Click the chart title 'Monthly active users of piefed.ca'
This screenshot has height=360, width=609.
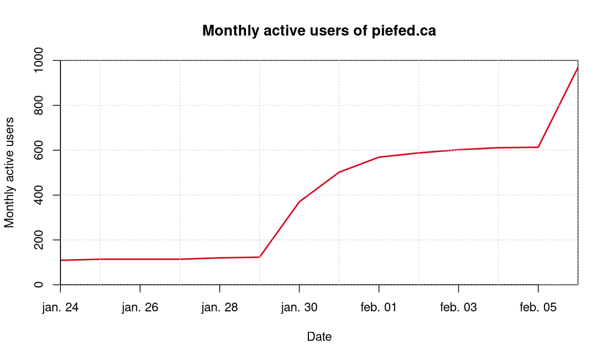coord(319,31)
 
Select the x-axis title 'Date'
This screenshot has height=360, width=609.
coord(319,336)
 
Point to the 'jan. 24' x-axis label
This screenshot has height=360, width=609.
coord(60,307)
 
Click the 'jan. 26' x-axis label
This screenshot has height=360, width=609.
coord(140,307)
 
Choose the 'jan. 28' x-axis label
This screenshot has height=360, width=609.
coord(219,307)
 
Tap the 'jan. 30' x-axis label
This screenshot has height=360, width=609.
coord(299,307)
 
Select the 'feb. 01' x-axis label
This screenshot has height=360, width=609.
coord(379,307)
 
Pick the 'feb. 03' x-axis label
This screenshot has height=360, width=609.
coord(458,307)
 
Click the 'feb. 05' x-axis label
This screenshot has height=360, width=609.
coord(538,307)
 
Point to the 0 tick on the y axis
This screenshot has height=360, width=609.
coord(39,284)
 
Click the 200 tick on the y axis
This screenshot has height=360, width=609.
coord(39,240)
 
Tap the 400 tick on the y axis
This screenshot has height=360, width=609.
coord(39,195)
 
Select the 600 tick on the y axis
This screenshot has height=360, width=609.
coord(39,150)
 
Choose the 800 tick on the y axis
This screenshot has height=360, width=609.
coord(39,105)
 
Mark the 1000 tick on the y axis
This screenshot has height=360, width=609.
coord(39,60)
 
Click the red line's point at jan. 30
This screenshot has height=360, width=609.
coord(299,202)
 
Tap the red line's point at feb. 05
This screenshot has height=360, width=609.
coord(538,147)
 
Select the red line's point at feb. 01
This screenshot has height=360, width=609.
coord(379,157)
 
